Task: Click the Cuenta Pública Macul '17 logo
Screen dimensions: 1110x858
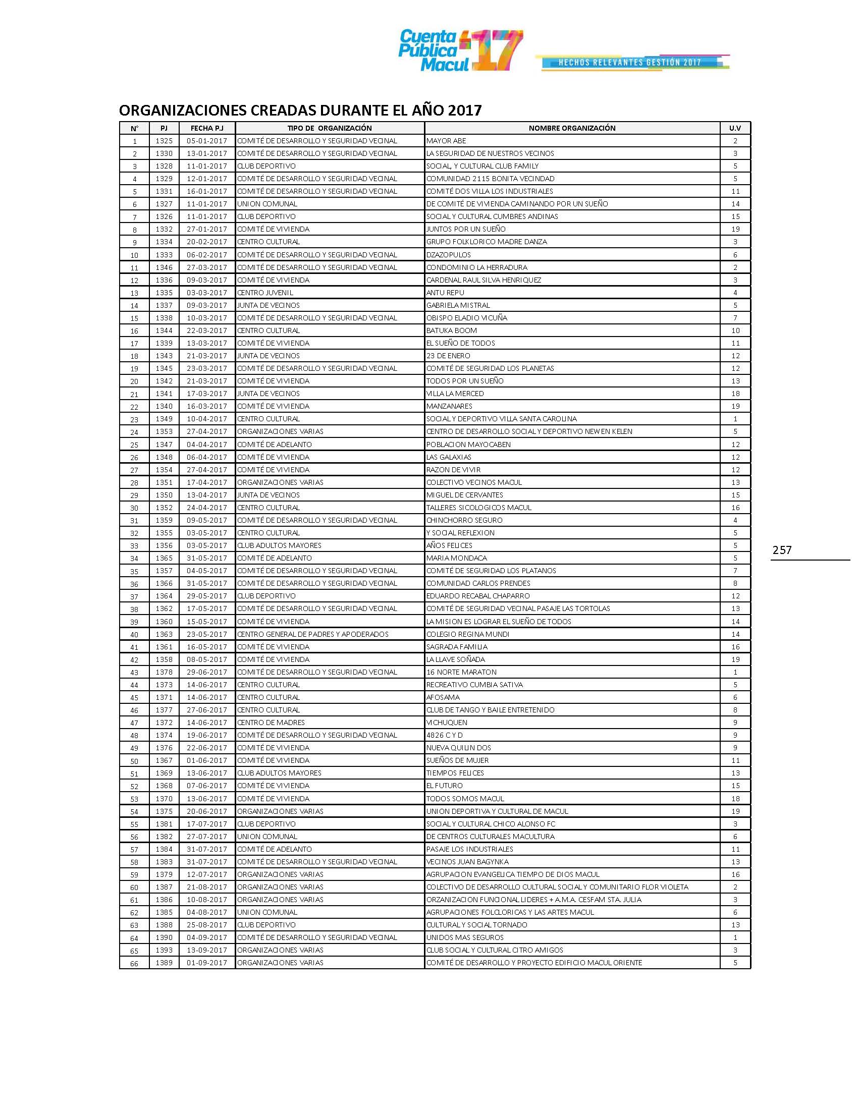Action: (x=460, y=50)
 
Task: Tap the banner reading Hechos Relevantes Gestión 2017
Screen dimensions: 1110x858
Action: (x=630, y=63)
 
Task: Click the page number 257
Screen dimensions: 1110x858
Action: (x=782, y=550)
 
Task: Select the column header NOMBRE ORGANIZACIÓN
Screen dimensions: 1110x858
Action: (x=572, y=128)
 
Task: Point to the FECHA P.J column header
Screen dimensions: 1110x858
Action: (x=207, y=128)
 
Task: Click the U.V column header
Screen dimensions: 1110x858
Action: (x=735, y=128)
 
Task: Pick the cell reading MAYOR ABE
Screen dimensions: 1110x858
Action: (x=446, y=141)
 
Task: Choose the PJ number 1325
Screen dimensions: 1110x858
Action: (x=164, y=141)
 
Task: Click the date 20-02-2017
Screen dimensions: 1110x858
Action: (x=207, y=242)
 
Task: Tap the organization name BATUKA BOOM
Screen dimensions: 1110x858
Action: (x=451, y=330)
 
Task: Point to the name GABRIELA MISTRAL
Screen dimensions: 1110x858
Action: (x=458, y=305)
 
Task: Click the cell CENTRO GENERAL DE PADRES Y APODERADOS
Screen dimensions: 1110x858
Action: (x=312, y=634)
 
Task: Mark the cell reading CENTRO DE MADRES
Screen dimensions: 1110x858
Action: (x=271, y=723)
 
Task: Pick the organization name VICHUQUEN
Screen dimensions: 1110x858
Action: (x=447, y=723)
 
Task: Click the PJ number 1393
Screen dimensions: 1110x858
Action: (x=164, y=950)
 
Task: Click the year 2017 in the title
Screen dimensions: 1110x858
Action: (x=464, y=110)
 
